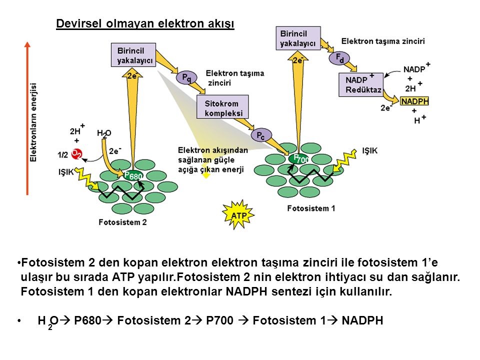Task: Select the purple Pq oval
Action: [185, 77]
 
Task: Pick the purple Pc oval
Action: [260, 135]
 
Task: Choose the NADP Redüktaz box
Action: [359, 85]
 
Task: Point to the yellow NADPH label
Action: [415, 101]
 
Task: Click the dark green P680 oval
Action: [133, 175]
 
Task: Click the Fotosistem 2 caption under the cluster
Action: [123, 222]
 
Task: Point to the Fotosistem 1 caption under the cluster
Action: [311, 209]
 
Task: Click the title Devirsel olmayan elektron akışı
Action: [145, 24]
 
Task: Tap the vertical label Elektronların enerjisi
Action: [34, 122]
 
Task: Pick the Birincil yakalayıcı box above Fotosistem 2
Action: [132, 55]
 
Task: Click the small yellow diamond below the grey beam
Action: [205, 175]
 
